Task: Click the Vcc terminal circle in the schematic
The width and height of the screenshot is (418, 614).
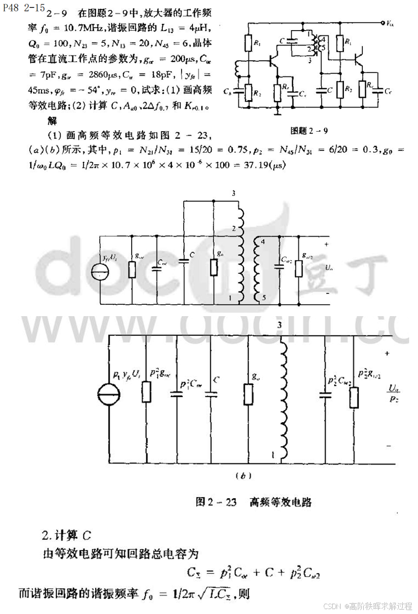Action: click(382, 23)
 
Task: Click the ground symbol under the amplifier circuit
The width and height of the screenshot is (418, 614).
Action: click(278, 112)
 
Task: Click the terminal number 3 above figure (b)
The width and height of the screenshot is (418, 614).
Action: click(279, 325)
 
